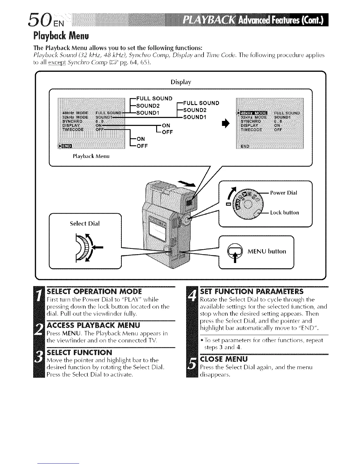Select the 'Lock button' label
tap(284, 213)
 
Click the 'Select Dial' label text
tap(85, 223)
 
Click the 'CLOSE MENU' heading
tap(224, 359)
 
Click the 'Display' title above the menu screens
tap(181, 82)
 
